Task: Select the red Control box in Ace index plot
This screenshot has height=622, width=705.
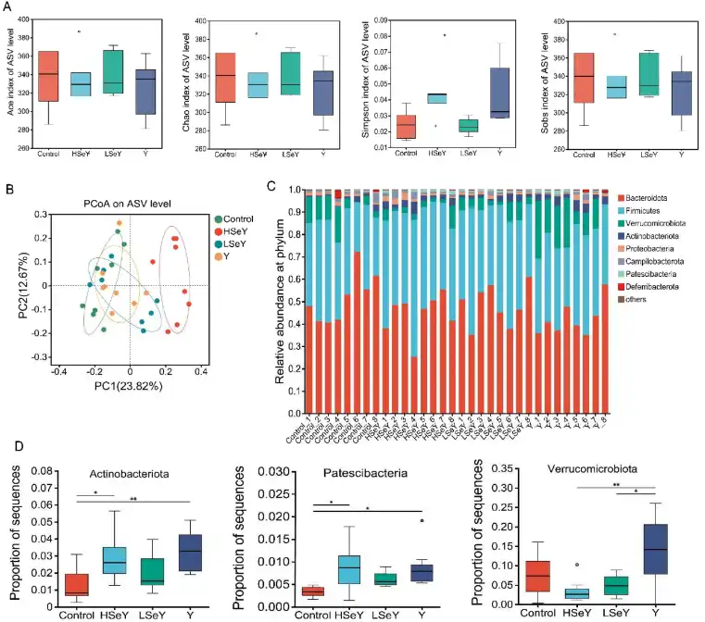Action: coord(49,76)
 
